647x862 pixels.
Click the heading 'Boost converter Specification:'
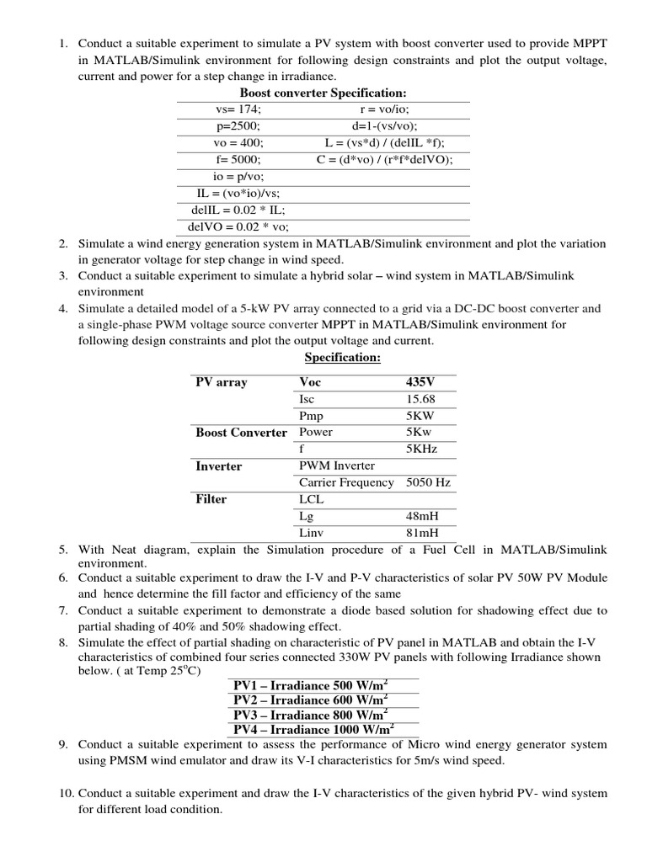[323, 93]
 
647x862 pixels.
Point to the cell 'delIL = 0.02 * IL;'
[238, 210]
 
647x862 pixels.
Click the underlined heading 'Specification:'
[342, 359]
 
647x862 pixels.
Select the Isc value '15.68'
[420, 400]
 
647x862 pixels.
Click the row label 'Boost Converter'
[241, 433]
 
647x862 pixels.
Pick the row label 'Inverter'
[218, 466]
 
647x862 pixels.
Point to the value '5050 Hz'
[428, 482]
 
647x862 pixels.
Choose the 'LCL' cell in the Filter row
[311, 499]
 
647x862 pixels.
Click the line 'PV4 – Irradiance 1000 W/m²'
[313, 729]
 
